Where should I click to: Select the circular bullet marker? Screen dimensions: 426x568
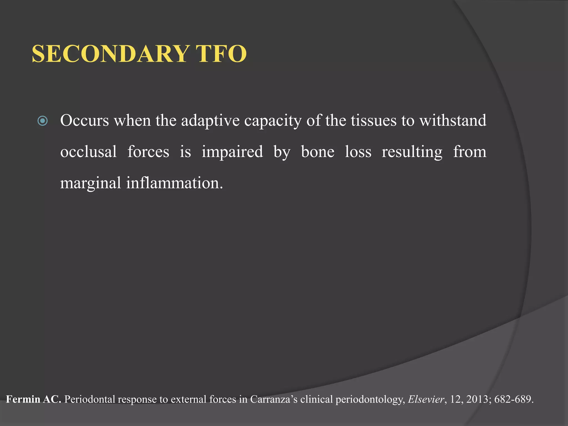pyautogui.click(x=43, y=121)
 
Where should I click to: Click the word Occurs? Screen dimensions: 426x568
pyautogui.click(x=85, y=121)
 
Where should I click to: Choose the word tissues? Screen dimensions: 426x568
pyautogui.click(x=374, y=121)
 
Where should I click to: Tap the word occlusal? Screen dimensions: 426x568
pyautogui.click(x=88, y=152)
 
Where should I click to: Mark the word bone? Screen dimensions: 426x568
pyautogui.click(x=318, y=152)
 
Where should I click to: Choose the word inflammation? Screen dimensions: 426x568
pyautogui.click(x=174, y=183)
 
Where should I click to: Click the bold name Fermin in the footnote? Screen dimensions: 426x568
pyautogui.click(x=23, y=399)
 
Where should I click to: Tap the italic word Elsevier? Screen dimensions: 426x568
pyautogui.click(x=426, y=399)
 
